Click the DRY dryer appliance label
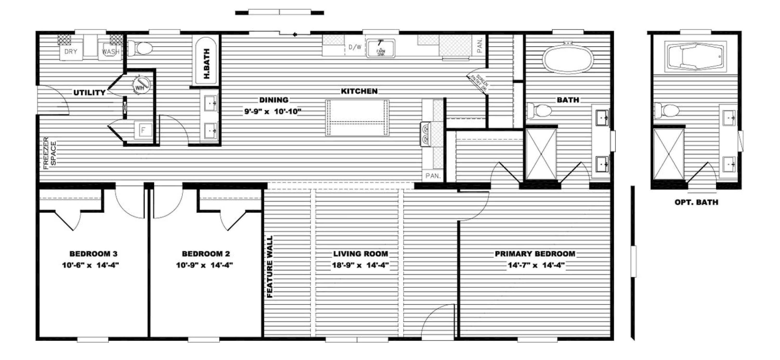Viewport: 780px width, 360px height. (x=71, y=52)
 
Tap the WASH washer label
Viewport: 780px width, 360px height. (x=110, y=52)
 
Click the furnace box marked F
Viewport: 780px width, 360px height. (x=143, y=131)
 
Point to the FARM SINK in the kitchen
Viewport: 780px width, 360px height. (x=381, y=48)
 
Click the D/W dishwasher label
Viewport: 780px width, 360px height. (x=355, y=47)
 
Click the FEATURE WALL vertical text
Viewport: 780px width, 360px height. (x=269, y=266)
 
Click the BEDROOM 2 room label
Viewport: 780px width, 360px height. (x=206, y=254)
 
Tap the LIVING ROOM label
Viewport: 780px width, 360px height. (x=360, y=254)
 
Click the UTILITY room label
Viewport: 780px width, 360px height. (x=89, y=93)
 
